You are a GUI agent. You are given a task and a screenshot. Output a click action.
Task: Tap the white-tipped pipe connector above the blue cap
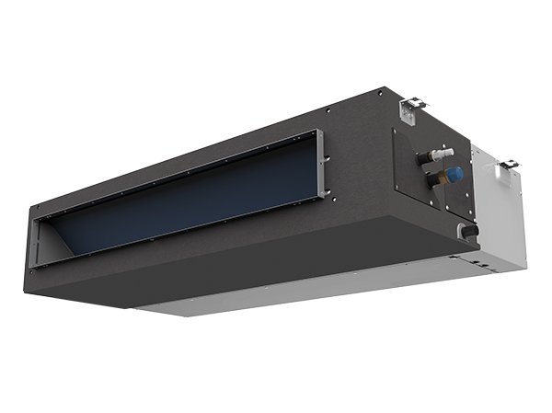pyautogui.click(x=445, y=152)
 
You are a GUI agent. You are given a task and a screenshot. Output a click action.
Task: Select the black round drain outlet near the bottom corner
pyautogui.click(x=469, y=232)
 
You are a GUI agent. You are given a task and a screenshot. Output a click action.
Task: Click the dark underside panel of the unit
pyautogui.click(x=230, y=267)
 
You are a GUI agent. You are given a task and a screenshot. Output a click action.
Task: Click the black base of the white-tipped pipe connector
pyautogui.click(x=429, y=158)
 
